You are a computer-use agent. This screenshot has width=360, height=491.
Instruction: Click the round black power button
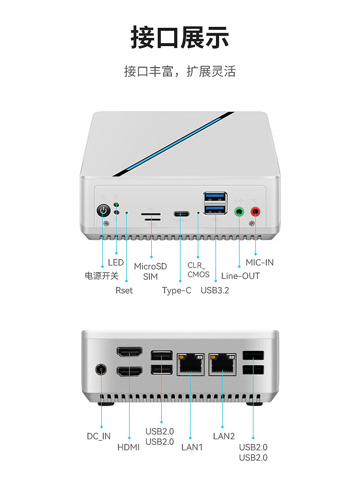pos(103,210)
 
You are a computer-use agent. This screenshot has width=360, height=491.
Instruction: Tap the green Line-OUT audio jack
pos(239,212)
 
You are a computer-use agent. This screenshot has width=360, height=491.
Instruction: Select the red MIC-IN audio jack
pos(255,212)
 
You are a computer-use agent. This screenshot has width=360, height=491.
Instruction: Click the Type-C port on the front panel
pos(181,215)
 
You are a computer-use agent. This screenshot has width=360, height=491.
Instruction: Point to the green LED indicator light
pos(116,205)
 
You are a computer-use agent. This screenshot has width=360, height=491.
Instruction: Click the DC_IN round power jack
pos(101,370)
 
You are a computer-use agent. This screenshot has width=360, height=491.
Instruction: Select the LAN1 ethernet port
pos(191,364)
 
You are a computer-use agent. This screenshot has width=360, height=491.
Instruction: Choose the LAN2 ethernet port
pos(223,364)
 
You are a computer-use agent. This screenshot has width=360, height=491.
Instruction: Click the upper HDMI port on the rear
pos(129,352)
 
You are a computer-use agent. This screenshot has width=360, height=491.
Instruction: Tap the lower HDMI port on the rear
pos(129,371)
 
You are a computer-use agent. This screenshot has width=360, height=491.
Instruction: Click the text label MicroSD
pos(150,266)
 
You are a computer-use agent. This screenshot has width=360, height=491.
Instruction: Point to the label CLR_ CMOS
pos(198,270)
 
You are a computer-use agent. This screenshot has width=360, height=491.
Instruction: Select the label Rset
pos(124,290)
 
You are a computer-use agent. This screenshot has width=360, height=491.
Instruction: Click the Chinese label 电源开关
pos(101,276)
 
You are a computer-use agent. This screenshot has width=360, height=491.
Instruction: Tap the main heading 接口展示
pos(180,37)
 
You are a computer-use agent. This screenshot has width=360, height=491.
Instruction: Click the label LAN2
pos(224,436)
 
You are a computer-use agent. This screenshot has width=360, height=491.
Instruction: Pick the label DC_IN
pos(98,436)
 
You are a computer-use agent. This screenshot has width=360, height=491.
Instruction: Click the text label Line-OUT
pos(240,276)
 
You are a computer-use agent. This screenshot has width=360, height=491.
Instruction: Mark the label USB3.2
pos(215,290)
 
